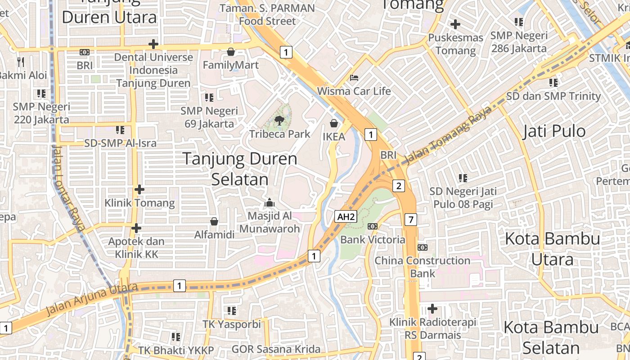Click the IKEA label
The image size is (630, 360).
click(x=334, y=136)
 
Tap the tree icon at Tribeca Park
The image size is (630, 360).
click(x=279, y=120)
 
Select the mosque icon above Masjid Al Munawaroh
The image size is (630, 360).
click(x=270, y=202)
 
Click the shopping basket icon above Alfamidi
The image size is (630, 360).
click(x=214, y=221)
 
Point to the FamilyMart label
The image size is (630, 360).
click(x=231, y=65)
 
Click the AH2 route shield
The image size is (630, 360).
click(x=346, y=217)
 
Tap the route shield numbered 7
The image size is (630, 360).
click(x=411, y=220)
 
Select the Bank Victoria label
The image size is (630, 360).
click(x=373, y=239)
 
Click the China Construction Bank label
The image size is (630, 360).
click(x=423, y=267)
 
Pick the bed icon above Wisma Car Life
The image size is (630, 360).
click(x=354, y=78)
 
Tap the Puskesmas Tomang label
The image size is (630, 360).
click(x=455, y=44)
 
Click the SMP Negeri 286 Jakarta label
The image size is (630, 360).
click(x=519, y=42)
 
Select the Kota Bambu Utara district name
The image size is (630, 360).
click(x=552, y=249)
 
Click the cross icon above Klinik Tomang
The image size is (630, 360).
click(x=139, y=189)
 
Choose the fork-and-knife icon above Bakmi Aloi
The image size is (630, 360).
click(x=21, y=62)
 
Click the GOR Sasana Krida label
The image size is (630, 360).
click(x=276, y=349)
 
